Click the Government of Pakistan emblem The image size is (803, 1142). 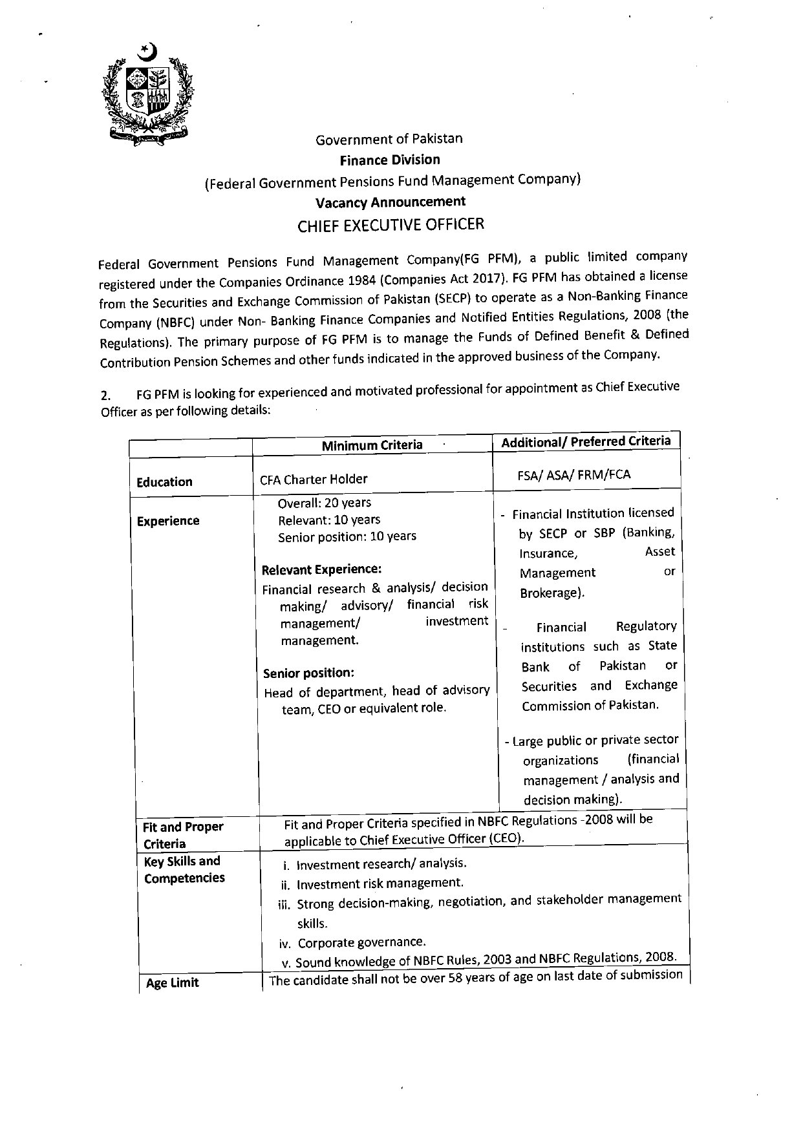click(148, 94)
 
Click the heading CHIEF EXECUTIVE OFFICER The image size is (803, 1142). click(390, 225)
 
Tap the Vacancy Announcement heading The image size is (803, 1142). click(390, 202)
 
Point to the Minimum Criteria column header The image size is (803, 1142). click(372, 445)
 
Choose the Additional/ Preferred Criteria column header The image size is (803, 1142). click(586, 441)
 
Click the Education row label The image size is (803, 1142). click(164, 482)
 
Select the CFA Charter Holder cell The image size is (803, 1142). click(314, 479)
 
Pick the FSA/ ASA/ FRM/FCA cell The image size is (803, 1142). click(573, 474)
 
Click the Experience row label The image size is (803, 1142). click(168, 521)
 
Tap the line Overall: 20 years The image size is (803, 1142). click(324, 503)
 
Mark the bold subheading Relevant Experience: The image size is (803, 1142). click(321, 569)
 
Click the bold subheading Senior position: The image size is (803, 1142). click(308, 673)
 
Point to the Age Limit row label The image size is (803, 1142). click(172, 983)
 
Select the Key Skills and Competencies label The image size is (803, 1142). click(183, 869)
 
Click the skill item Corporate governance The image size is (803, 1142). click(361, 942)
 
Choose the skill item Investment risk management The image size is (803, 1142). click(380, 883)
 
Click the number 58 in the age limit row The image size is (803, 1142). click(456, 978)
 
